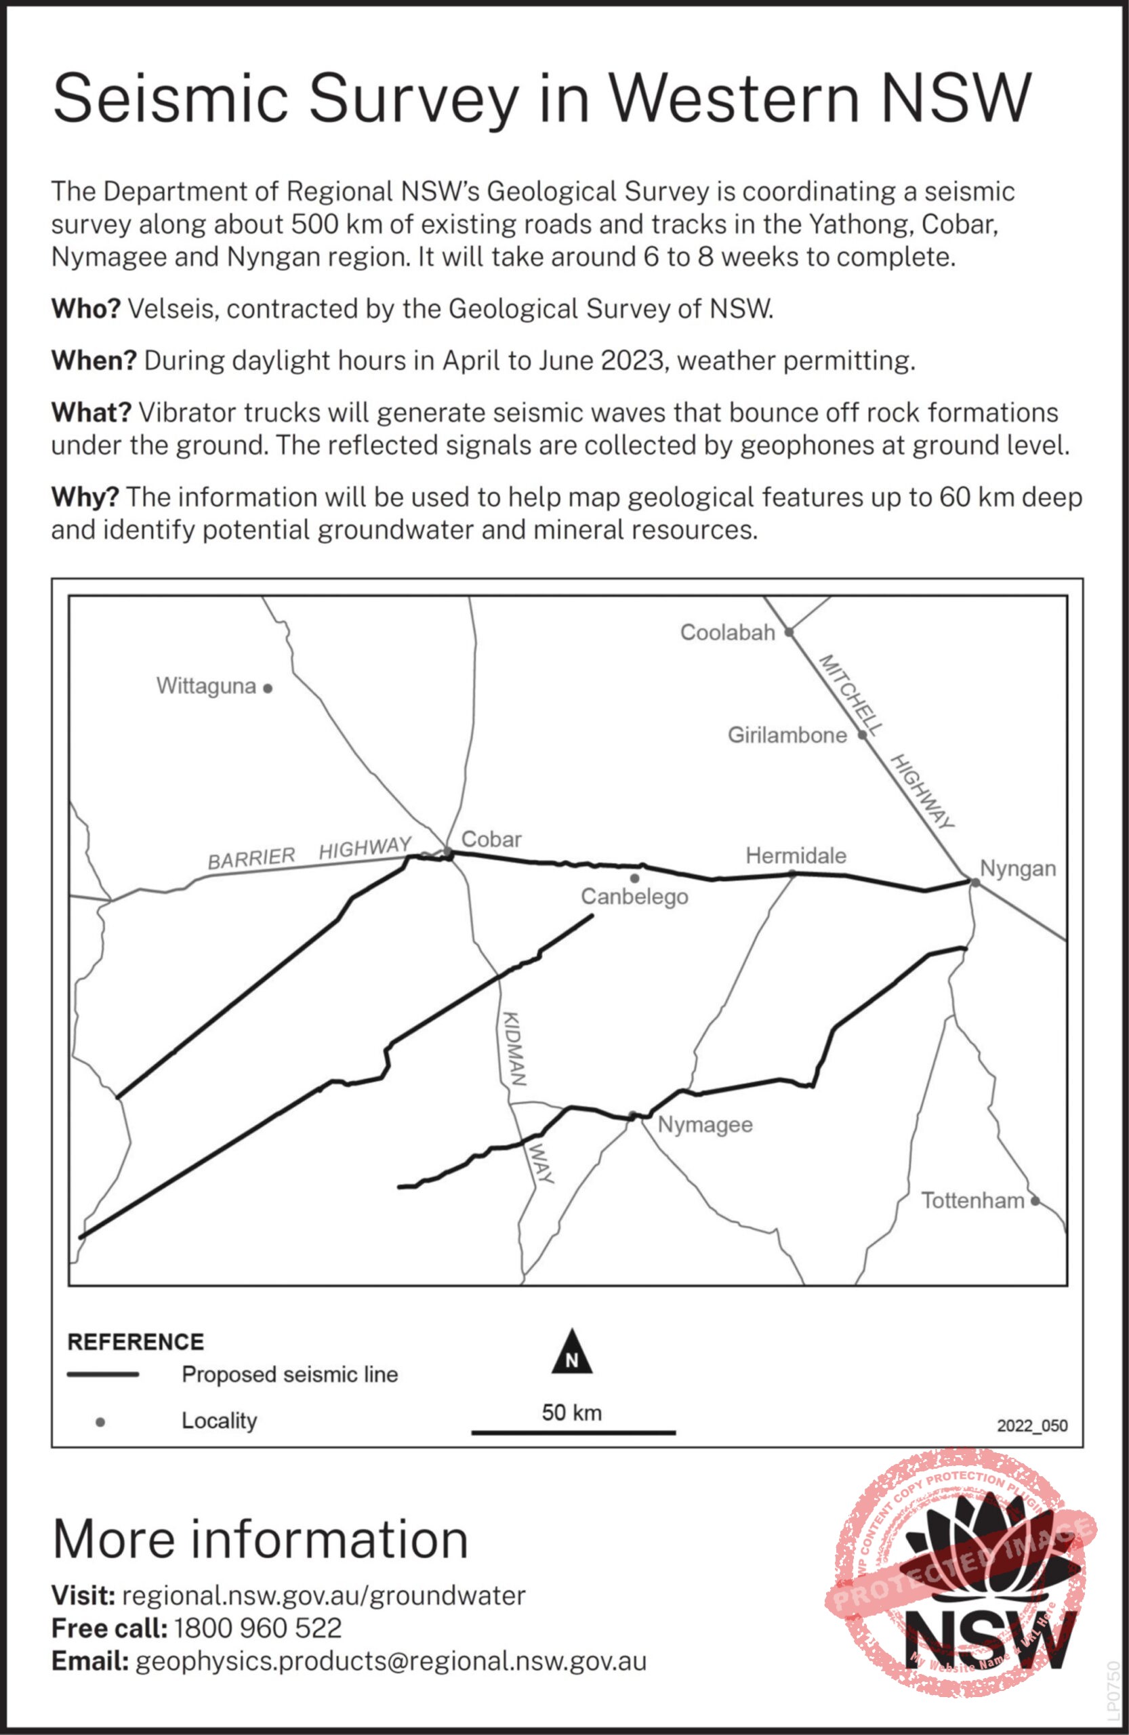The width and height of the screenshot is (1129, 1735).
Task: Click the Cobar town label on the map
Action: pos(491,839)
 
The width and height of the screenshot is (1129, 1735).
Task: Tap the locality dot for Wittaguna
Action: pos(268,687)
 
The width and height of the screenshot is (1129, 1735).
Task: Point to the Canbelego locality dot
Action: pos(634,878)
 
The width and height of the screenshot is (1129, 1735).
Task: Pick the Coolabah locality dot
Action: pos(789,632)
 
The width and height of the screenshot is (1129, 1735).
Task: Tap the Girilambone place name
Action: pos(787,735)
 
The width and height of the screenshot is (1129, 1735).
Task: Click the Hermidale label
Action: pos(796,855)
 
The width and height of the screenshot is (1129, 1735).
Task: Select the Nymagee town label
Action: pos(705,1124)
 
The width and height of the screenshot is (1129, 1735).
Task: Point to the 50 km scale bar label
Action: pos(572,1413)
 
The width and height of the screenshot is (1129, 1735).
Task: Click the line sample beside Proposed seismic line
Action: pos(103,1374)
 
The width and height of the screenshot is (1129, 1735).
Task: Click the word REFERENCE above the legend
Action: pos(136,1342)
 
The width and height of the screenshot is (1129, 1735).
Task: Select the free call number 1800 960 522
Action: pos(258,1628)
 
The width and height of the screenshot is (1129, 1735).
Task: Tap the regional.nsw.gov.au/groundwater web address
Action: pos(324,1596)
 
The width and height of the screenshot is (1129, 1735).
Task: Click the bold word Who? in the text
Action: pos(85,309)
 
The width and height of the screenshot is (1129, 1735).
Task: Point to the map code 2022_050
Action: pos(1032,1425)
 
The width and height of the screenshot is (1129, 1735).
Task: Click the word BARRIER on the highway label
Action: pos(251,858)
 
